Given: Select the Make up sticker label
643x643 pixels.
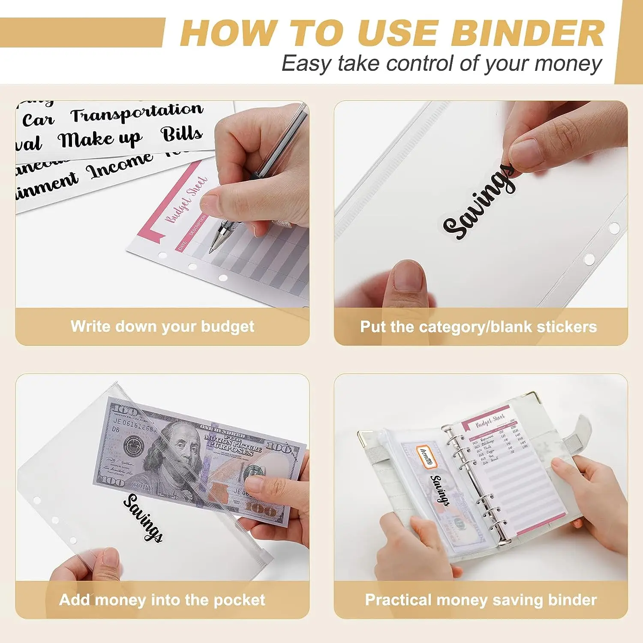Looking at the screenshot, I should pyautogui.click(x=99, y=139).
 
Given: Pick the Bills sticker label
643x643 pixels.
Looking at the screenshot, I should pyautogui.click(x=182, y=134).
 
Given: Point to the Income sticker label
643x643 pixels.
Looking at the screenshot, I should pyautogui.click(x=120, y=165).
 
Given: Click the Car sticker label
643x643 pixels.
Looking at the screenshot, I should pyautogui.click(x=38, y=120).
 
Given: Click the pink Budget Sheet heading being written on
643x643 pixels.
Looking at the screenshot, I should pyautogui.click(x=186, y=200).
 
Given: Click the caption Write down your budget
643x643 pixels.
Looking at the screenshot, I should pyautogui.click(x=162, y=327).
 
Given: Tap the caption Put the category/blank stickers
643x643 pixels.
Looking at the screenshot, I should pyautogui.click(x=478, y=327).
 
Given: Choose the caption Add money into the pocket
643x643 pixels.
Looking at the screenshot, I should pyautogui.click(x=162, y=600).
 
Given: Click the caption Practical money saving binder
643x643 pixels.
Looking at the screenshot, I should pyautogui.click(x=481, y=600).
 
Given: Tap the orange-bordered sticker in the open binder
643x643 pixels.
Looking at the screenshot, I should pyautogui.click(x=426, y=456).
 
